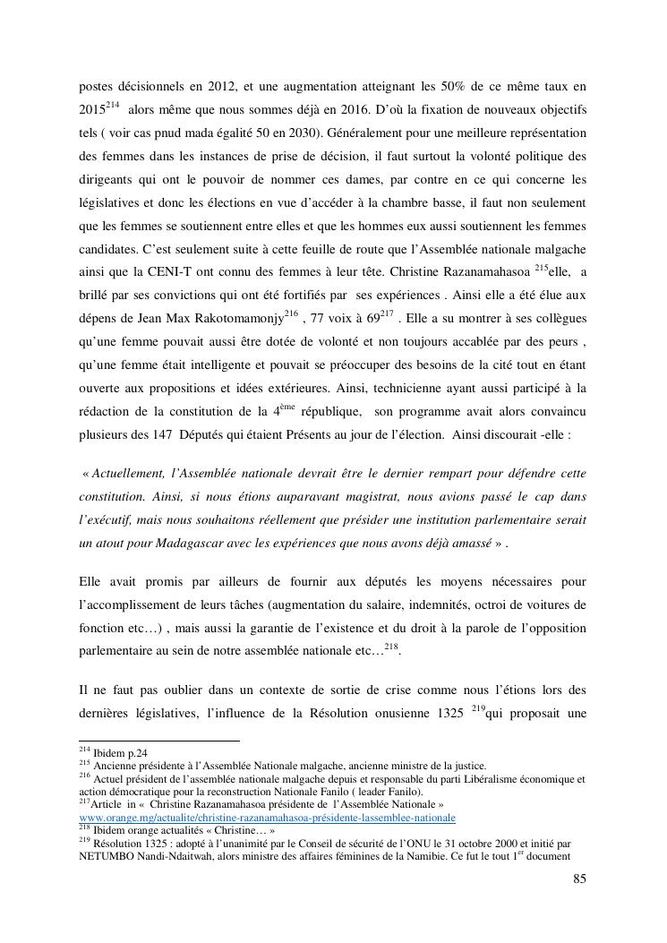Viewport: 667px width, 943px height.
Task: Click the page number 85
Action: [579, 879]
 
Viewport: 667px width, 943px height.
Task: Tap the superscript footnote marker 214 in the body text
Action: [112, 106]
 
